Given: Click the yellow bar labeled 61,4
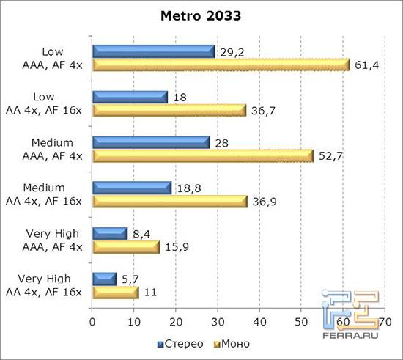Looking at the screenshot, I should coord(221,65).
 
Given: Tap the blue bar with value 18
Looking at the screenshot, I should coord(130,97).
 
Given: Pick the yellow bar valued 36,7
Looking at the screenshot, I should coord(169,110).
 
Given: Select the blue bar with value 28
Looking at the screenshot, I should coord(151,142).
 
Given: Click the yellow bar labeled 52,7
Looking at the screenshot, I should coord(202,155).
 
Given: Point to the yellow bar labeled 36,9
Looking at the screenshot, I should coord(169,201).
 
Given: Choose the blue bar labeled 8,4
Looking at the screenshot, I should coord(110,233).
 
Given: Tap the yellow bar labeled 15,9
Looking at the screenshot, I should coord(125,247).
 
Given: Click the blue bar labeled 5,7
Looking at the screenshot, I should coord(104,279).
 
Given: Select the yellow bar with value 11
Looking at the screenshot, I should coord(115,292).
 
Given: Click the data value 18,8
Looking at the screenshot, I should coord(185,188).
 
